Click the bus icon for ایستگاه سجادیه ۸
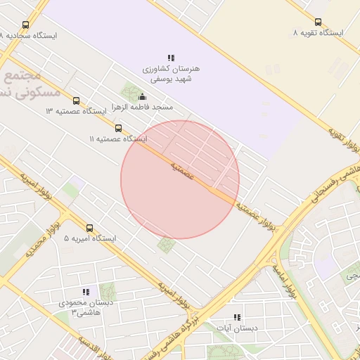26,25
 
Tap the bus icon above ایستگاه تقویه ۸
318,22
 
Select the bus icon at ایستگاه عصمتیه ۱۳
76,101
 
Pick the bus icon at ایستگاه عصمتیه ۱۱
118,128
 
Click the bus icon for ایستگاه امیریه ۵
89,228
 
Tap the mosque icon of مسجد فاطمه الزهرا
143,97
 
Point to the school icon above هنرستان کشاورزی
171,58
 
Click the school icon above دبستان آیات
237,317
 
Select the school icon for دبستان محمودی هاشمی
86,292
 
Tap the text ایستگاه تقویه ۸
318,33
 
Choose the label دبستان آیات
237,328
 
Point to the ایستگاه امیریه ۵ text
89,238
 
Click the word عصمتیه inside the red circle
181,169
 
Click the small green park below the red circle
167,245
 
